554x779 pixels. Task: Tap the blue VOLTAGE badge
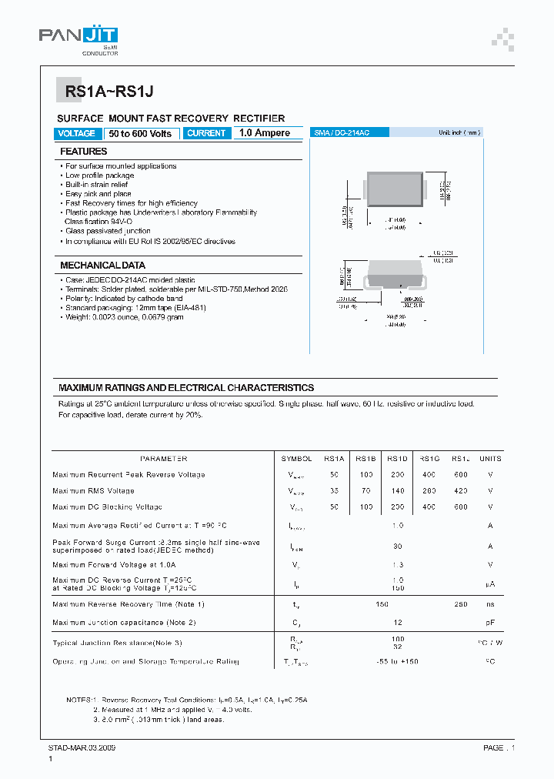(76, 133)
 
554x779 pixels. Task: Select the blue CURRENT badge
(206, 133)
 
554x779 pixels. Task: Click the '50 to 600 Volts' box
(140, 133)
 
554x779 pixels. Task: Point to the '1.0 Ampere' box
(264, 133)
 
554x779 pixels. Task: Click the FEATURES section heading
(84, 152)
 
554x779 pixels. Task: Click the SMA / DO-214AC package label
(342, 133)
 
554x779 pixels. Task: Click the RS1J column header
(460, 458)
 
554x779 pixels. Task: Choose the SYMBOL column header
(296, 458)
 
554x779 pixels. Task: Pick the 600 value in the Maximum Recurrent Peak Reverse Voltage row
(460, 474)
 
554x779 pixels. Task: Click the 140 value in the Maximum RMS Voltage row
(398, 490)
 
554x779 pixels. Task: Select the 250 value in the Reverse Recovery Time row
(460, 604)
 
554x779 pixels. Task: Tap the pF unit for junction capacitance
(490, 622)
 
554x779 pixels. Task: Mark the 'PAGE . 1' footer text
(499, 747)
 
